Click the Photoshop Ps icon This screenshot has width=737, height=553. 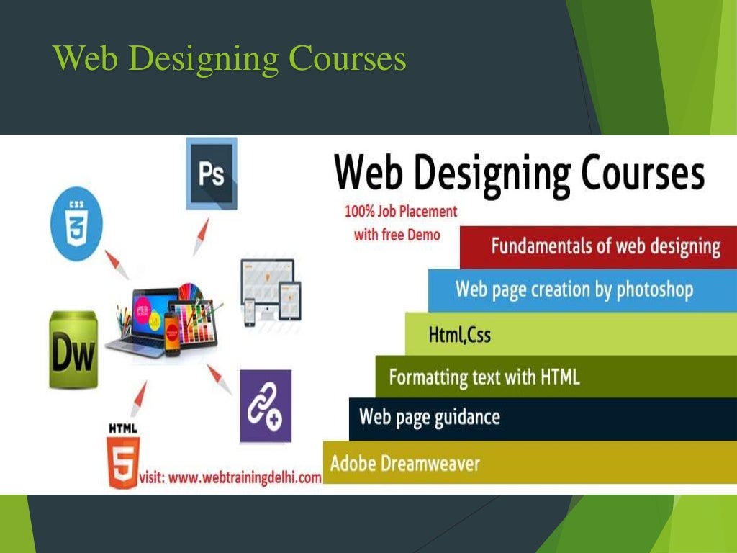click(211, 174)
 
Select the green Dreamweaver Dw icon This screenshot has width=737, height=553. click(73, 350)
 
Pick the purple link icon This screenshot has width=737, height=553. click(265, 406)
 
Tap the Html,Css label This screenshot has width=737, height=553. click(459, 334)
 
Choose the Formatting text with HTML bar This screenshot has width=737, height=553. click(484, 377)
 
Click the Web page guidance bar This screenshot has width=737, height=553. click(429, 418)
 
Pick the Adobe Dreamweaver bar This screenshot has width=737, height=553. click(404, 462)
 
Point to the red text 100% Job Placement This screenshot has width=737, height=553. click(400, 212)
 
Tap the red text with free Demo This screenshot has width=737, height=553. click(397, 235)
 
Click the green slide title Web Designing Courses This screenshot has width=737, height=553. click(230, 58)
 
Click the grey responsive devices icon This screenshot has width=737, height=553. click(269, 287)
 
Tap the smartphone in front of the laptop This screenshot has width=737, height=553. click(171, 333)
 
